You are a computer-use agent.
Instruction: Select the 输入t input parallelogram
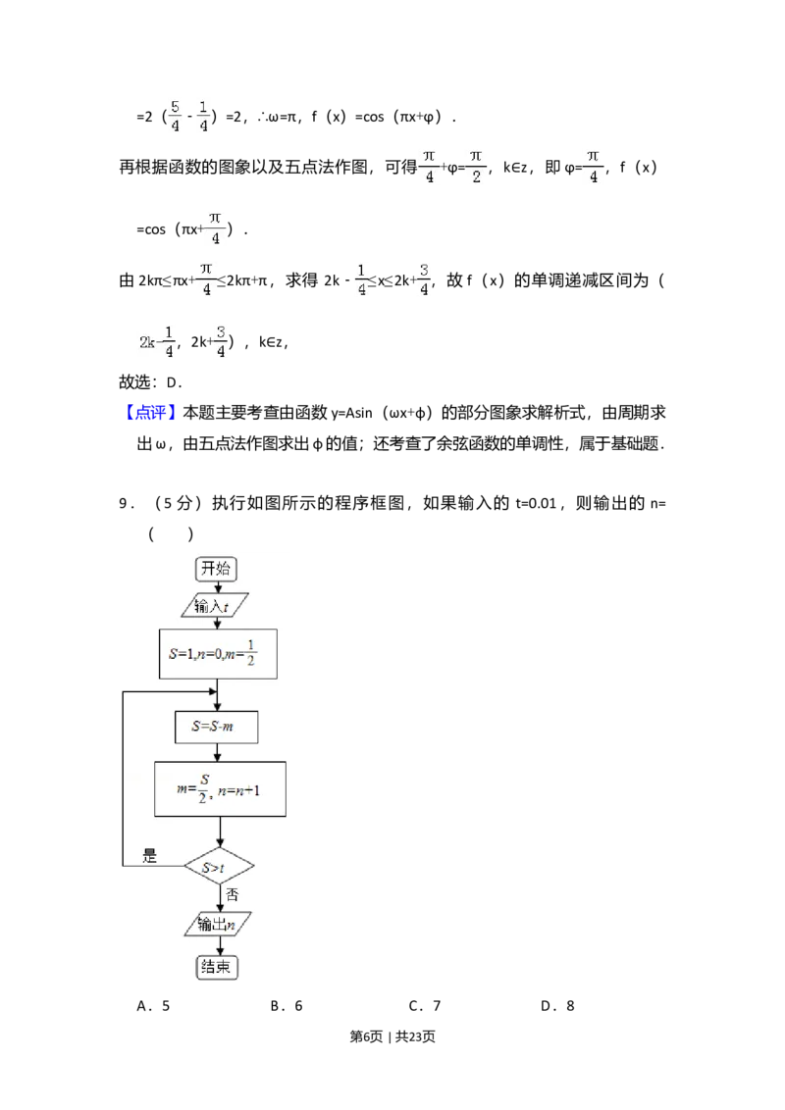(216, 606)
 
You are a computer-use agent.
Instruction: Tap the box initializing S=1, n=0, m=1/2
(218, 653)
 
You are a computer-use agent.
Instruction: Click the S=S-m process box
(218, 728)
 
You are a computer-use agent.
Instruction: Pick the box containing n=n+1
(220, 788)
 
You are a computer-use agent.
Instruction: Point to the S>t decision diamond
(219, 867)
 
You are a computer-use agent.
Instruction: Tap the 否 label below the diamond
(232, 894)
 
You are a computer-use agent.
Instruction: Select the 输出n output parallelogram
(217, 924)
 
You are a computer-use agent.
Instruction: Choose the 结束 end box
(218, 967)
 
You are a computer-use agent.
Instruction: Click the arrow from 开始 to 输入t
(218, 587)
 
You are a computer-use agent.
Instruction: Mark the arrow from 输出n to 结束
(218, 946)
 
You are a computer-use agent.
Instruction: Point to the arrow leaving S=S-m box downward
(219, 752)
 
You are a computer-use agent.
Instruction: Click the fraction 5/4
(175, 115)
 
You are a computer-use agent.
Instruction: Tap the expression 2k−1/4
(157, 341)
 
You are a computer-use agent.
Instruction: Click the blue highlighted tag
(152, 412)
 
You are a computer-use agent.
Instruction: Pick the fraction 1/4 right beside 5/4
(204, 115)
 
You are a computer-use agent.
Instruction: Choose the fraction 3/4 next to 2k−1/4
(221, 340)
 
